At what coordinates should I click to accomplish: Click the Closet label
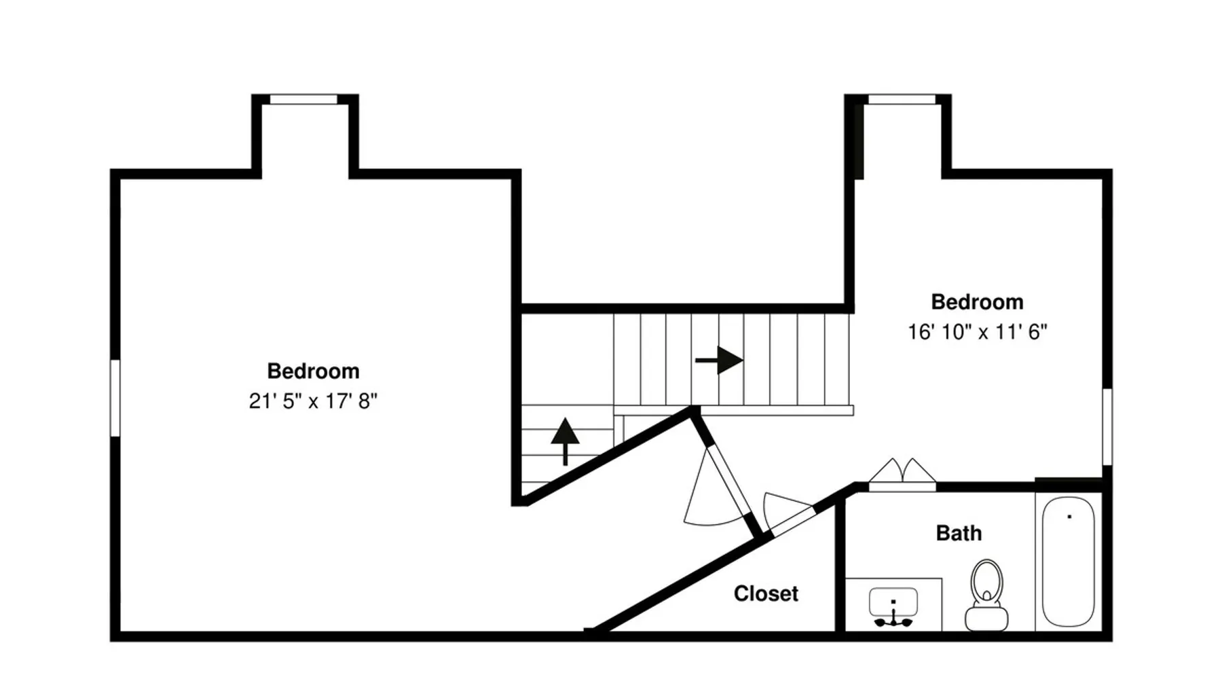coord(766,593)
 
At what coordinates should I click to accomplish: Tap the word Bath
coord(959,533)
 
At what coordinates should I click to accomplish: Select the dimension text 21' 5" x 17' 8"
coord(313,401)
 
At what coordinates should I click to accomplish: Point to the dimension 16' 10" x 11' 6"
coord(978,332)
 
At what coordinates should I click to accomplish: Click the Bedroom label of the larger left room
coord(313,371)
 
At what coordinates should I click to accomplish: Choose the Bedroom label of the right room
coord(977,301)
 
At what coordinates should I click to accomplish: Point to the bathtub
coord(1068,562)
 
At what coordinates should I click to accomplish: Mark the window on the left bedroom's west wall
coord(115,398)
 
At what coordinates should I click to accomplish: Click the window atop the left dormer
coord(303,99)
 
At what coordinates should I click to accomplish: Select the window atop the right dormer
coord(902,99)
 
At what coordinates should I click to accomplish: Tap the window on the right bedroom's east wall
coord(1107,426)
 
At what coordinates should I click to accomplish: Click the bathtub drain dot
coord(1069,517)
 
